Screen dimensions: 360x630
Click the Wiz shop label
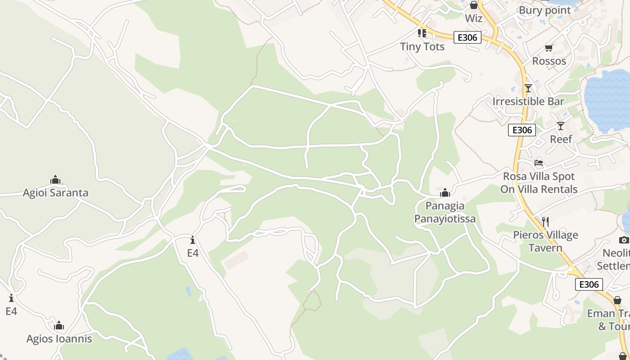coord(473,18)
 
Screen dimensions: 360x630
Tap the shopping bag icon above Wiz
coord(473,5)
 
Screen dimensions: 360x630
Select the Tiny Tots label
coord(422,46)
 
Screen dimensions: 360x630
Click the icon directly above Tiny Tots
coord(422,33)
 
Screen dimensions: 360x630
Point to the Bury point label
coord(544,10)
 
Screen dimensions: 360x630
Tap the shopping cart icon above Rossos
coord(549,48)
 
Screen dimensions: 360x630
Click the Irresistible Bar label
coord(528,101)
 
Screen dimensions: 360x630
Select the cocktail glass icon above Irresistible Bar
coord(528,88)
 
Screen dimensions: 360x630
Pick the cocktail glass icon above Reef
coord(560,126)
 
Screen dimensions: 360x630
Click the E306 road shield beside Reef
coord(522,130)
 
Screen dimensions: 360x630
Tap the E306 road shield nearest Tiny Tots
coord(467,37)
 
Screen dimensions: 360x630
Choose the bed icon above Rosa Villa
coord(539,163)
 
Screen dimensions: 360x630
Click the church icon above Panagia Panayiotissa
coord(445,193)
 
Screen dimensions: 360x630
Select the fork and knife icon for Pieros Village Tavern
coord(545,221)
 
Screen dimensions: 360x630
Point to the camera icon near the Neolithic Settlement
coord(624,240)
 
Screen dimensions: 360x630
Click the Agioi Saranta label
coord(55,193)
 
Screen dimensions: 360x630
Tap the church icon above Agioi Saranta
coord(55,180)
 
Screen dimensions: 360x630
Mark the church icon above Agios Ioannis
coord(59,326)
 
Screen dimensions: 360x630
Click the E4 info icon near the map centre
coord(193,240)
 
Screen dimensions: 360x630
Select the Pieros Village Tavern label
coord(545,241)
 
